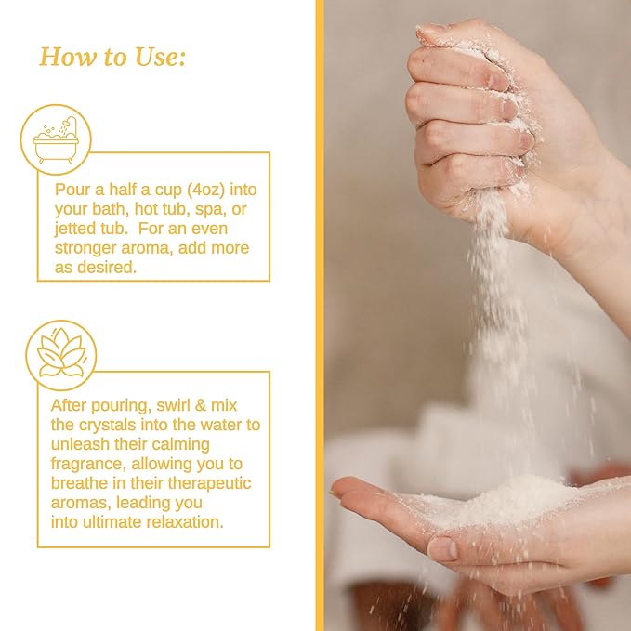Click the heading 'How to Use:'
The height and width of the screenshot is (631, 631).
click(112, 57)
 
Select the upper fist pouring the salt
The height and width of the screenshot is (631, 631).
click(474, 112)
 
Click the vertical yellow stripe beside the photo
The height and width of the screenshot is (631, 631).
click(319, 316)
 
